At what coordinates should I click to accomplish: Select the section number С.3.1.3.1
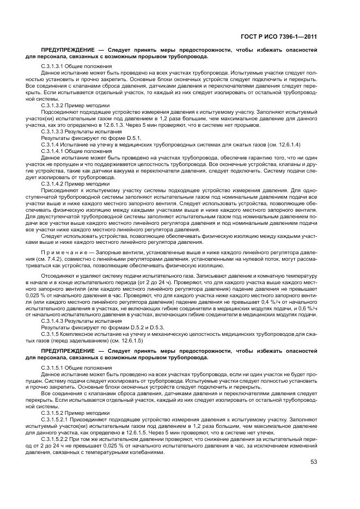click(x=53, y=66)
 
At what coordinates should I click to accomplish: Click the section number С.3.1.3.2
click(x=53, y=105)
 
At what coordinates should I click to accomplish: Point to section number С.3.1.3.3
click(x=53, y=132)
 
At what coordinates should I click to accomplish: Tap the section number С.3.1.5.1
click(x=53, y=369)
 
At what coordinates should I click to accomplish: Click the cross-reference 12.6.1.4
click(x=284, y=144)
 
